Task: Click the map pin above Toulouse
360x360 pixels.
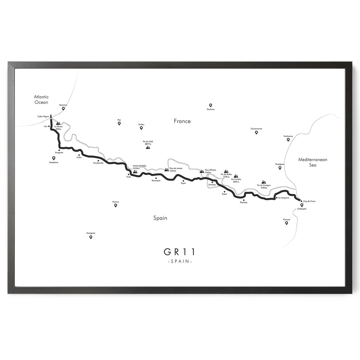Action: tap(210, 105)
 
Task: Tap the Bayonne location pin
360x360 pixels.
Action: tap(63, 108)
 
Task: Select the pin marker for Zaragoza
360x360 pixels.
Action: tap(91, 237)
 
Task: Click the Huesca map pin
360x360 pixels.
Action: tap(116, 205)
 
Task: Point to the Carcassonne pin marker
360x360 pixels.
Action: tap(256, 132)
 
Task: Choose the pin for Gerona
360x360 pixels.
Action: tap(286, 223)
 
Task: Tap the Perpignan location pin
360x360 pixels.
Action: tap(280, 168)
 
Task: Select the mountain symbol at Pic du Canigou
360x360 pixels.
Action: tap(264, 182)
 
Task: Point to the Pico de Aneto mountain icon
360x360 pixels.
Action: tap(166, 170)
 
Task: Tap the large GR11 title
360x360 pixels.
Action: tap(180, 252)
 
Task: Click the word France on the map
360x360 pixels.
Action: tap(182, 121)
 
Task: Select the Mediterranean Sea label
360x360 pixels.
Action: tap(313, 162)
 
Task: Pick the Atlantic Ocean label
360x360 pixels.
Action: tap(41, 99)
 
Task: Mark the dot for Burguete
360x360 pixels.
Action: tap(59, 150)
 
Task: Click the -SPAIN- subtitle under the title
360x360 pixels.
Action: tap(180, 261)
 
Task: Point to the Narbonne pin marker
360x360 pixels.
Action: tap(288, 140)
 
